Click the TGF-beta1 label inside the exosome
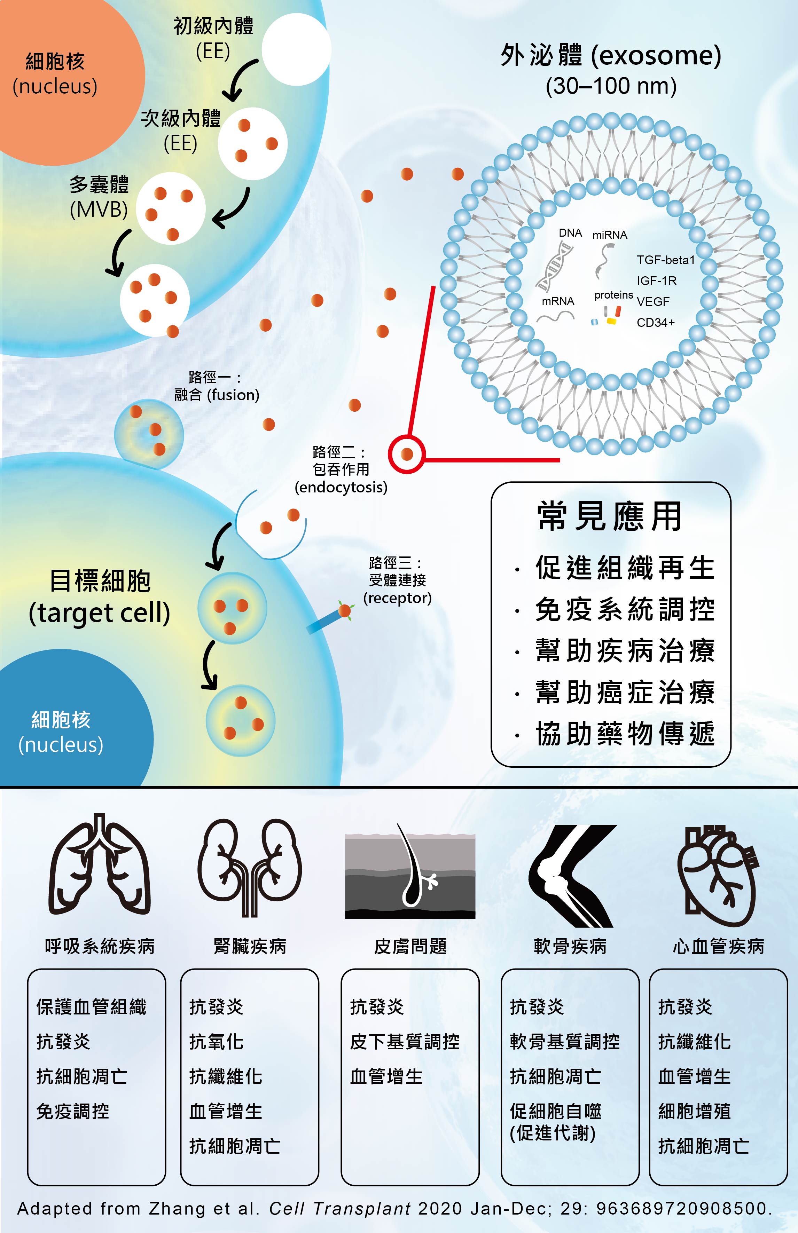click(665, 260)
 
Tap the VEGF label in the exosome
click(653, 301)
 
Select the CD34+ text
click(656, 323)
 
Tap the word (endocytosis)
click(341, 487)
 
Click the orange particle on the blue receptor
click(345, 611)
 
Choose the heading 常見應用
click(609, 516)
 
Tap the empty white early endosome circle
click(296, 49)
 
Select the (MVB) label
click(99, 209)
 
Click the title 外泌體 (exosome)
click(611, 55)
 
